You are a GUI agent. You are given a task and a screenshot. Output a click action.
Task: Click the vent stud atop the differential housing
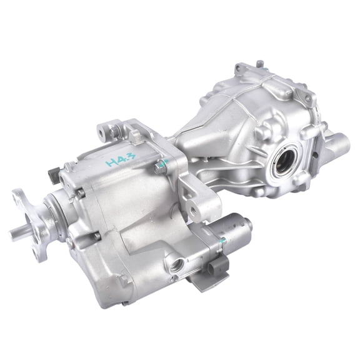coord(259,65)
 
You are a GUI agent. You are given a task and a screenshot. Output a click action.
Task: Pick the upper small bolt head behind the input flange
coord(81,194)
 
